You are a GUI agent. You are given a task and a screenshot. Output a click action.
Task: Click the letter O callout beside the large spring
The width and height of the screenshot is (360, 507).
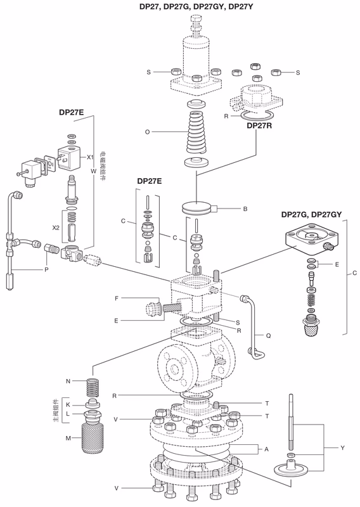146,132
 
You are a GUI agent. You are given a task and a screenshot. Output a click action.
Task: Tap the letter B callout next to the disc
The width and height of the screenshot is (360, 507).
245,209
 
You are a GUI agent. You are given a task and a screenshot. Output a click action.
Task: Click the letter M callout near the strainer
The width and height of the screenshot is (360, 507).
68,438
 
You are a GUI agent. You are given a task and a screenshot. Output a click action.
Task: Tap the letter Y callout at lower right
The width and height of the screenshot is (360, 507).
342,448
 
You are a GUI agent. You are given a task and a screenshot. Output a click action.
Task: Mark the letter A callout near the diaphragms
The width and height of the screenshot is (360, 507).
266,449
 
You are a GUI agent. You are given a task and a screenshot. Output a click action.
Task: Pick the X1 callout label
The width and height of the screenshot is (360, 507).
91,157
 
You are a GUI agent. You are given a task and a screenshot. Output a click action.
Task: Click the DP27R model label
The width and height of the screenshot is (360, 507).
260,125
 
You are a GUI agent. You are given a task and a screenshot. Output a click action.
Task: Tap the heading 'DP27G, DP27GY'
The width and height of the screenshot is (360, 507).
311,215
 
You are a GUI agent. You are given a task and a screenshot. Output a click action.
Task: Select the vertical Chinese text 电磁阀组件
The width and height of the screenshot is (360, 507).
102,171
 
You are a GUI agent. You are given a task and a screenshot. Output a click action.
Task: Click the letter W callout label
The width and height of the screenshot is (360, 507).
93,171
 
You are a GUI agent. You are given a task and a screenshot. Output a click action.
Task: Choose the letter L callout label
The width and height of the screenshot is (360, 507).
68,414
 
